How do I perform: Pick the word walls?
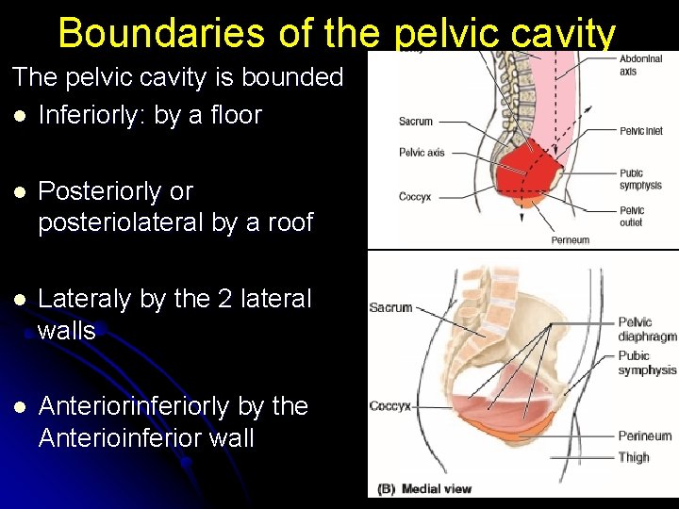tap(67, 331)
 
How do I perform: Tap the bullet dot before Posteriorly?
tap(19, 192)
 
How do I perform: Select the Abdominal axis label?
tap(640, 65)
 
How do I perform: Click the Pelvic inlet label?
tap(640, 131)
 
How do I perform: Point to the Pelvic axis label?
tap(421, 152)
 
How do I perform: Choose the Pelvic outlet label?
tap(632, 217)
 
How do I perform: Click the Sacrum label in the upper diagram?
tap(416, 122)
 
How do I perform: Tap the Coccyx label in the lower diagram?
tap(389, 406)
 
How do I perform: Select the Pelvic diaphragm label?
tap(647, 330)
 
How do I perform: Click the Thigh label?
tap(634, 457)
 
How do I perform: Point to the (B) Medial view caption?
tap(424, 488)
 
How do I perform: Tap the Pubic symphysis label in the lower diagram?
tap(647, 363)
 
